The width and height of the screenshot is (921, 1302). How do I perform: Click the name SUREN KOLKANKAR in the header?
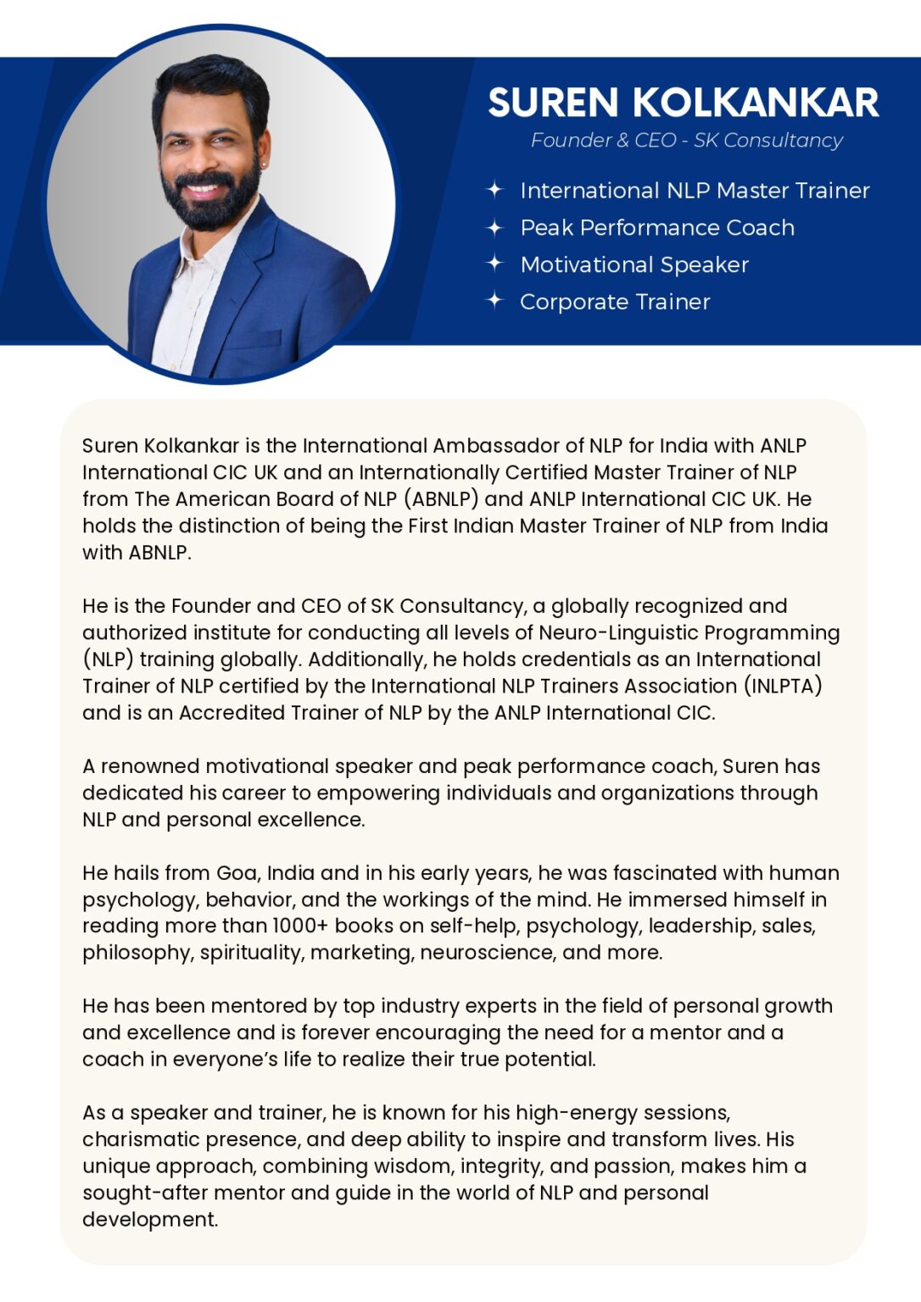click(683, 103)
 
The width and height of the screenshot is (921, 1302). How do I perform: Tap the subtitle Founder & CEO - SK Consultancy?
click(686, 141)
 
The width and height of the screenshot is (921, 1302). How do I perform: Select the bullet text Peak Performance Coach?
click(657, 228)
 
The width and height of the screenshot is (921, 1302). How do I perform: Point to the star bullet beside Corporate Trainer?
click(494, 301)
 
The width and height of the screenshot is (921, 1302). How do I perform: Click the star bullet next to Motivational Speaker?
click(494, 264)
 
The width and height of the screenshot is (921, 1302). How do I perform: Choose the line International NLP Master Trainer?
click(695, 191)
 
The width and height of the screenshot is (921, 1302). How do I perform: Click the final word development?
click(149, 1220)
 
